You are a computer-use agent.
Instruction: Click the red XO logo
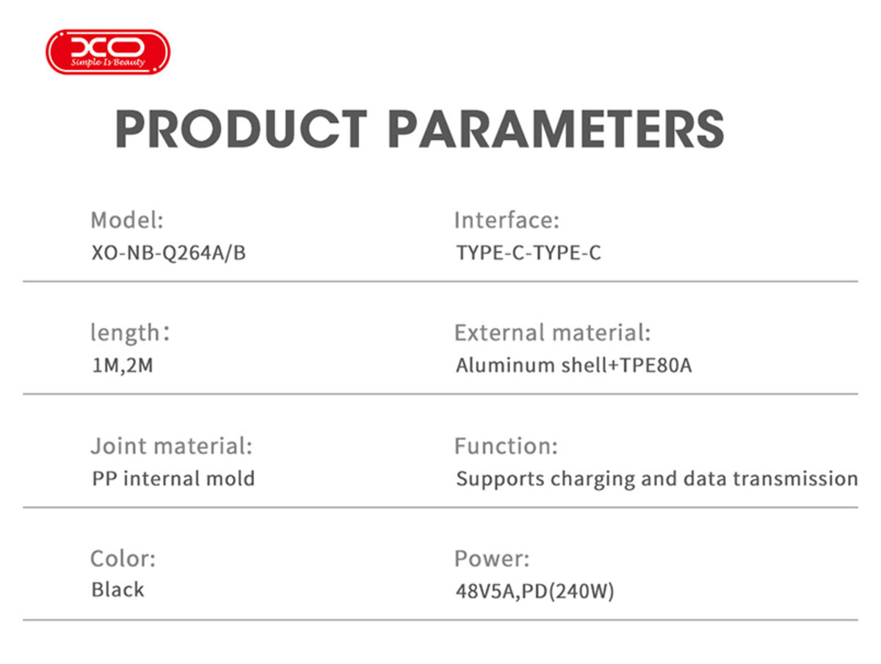point(108,51)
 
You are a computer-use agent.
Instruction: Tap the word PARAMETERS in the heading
point(556,129)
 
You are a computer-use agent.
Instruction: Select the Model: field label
point(127,220)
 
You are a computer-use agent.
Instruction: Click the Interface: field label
point(507,220)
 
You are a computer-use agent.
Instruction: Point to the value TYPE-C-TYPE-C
point(529,253)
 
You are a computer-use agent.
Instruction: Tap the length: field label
point(130,333)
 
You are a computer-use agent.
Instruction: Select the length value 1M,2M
point(123,365)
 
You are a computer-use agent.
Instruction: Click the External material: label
point(552,333)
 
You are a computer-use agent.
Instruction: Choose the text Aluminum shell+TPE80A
point(573,365)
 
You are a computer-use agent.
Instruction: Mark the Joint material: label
point(171,446)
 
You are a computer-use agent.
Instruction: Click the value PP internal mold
point(173,479)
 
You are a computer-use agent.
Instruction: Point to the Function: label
point(506,446)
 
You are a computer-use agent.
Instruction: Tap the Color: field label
point(123,559)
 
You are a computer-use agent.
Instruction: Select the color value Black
point(117,590)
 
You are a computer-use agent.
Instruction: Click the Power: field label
point(491,559)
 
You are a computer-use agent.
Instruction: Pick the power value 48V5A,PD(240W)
point(534,591)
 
